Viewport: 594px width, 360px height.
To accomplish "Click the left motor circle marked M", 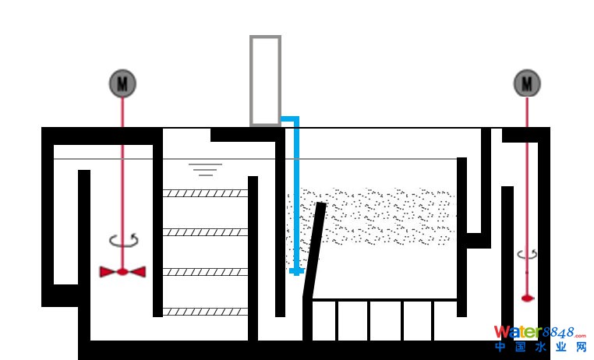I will (122, 83).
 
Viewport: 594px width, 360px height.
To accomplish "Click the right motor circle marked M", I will (527, 83).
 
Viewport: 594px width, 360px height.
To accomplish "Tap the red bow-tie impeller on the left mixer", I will (122, 271).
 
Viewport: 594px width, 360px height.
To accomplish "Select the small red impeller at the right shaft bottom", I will (527, 297).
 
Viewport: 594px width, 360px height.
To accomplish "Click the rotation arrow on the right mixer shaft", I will (527, 254).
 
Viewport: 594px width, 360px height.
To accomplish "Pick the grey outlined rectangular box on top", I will (265, 79).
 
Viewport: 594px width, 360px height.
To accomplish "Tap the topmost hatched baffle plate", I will (205, 192).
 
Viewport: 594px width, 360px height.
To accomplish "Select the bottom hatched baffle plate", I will (205, 312).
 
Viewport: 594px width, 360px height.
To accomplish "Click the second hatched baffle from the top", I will (205, 231).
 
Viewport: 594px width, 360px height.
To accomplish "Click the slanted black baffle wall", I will (313, 249).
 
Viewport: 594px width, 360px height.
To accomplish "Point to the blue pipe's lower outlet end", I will (296, 271).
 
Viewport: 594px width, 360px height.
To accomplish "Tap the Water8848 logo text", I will (539, 333).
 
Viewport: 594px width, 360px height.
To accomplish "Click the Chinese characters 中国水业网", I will (539, 348).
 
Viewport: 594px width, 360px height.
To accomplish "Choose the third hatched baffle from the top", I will (205, 271).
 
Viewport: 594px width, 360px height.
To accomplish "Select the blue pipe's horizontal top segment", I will (289, 119).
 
